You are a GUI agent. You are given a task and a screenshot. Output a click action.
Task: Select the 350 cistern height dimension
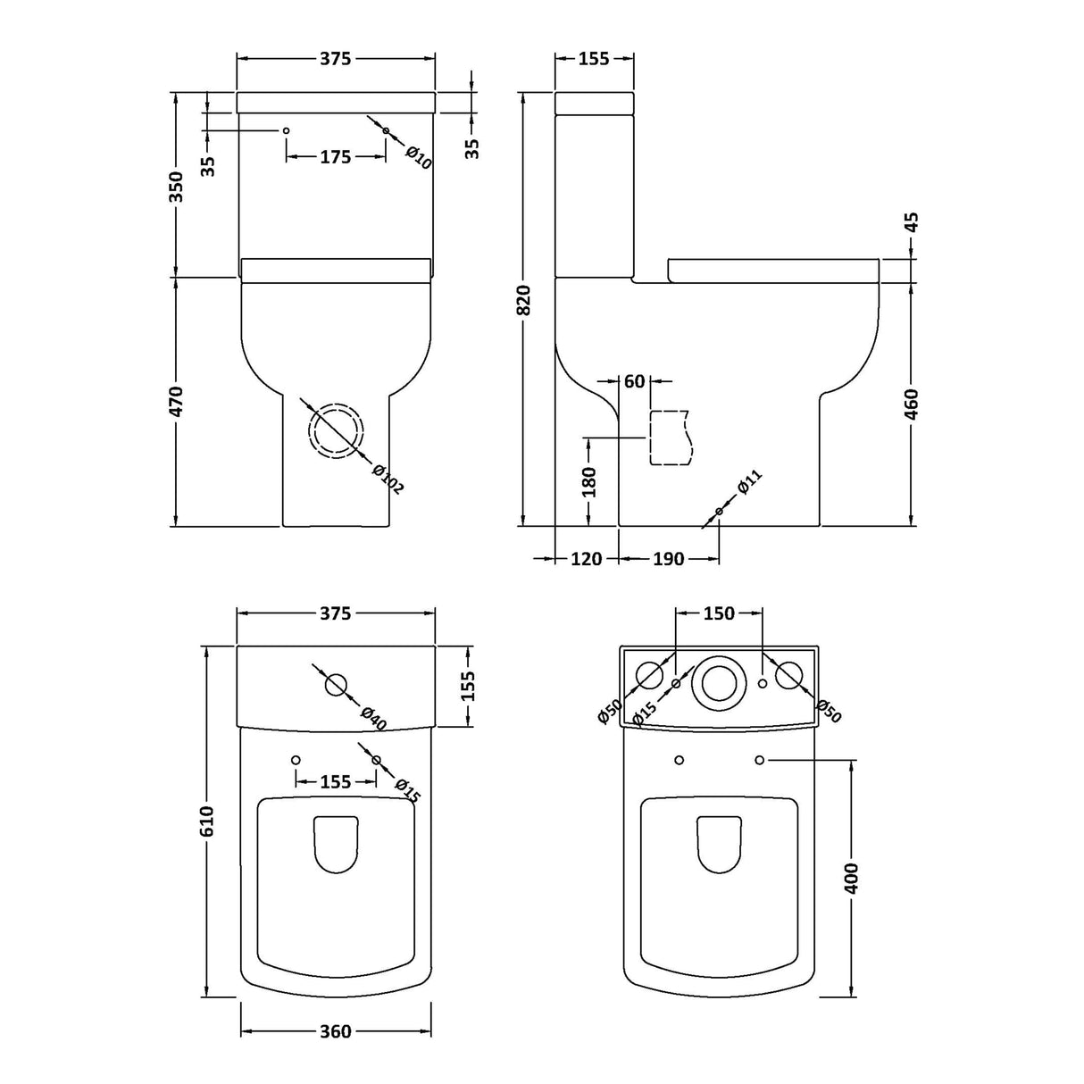[x=177, y=187]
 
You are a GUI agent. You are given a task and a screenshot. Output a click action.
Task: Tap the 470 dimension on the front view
[x=177, y=401]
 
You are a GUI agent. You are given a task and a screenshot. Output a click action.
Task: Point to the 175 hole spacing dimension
[x=335, y=157]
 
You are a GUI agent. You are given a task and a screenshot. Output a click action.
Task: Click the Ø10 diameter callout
[x=418, y=157]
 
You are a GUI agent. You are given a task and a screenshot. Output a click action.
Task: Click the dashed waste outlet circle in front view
[x=337, y=431]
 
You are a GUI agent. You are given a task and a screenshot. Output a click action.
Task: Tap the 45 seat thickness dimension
[x=912, y=221]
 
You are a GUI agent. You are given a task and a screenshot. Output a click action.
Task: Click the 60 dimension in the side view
[x=634, y=382]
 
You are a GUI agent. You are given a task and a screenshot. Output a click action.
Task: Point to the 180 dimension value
[x=588, y=481]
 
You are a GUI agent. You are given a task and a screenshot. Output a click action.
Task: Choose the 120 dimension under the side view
[x=586, y=559]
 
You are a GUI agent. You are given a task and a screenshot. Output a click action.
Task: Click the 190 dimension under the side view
[x=668, y=559]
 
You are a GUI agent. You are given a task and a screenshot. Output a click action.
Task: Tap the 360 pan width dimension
[x=335, y=1031]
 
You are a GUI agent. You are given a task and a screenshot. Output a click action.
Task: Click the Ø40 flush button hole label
[x=373, y=717]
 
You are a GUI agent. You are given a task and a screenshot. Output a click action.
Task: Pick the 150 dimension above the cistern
[x=719, y=613]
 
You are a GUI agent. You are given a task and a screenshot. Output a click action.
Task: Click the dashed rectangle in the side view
[x=670, y=438]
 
